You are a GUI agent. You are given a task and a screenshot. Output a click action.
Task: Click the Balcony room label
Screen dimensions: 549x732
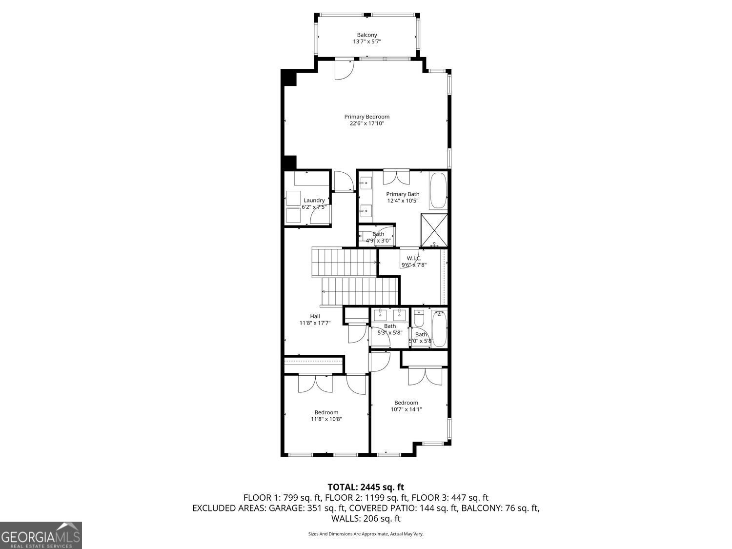[x=367, y=35]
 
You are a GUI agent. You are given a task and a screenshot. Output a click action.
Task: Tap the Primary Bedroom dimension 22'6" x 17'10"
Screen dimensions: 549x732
[x=367, y=123]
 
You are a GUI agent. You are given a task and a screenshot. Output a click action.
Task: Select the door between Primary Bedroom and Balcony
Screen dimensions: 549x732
[x=344, y=68]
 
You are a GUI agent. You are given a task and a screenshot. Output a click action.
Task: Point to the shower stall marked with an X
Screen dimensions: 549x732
[x=434, y=230]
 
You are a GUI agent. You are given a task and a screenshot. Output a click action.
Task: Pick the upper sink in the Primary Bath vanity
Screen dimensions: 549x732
[x=366, y=183]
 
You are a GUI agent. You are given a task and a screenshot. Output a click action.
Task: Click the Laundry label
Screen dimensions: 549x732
[x=314, y=200]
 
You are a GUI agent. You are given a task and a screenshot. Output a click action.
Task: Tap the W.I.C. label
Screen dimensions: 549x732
[x=414, y=258]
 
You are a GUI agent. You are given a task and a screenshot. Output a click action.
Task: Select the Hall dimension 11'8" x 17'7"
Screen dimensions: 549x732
[x=315, y=323]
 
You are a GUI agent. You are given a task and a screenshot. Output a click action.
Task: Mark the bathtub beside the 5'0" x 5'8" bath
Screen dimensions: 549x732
[x=439, y=328]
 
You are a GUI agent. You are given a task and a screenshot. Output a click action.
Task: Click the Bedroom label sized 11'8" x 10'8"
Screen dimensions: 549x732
[x=326, y=412]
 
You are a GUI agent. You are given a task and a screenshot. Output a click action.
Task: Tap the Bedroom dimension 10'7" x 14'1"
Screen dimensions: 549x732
[x=406, y=409]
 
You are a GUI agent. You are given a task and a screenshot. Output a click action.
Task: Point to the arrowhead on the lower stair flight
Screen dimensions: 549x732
[x=324, y=291]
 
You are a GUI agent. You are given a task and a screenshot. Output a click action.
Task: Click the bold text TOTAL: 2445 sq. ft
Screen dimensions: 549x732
[x=366, y=487]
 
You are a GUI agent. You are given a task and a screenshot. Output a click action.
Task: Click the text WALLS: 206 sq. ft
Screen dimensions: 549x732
[x=366, y=518]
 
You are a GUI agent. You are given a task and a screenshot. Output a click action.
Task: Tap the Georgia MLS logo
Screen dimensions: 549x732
[x=41, y=535]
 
